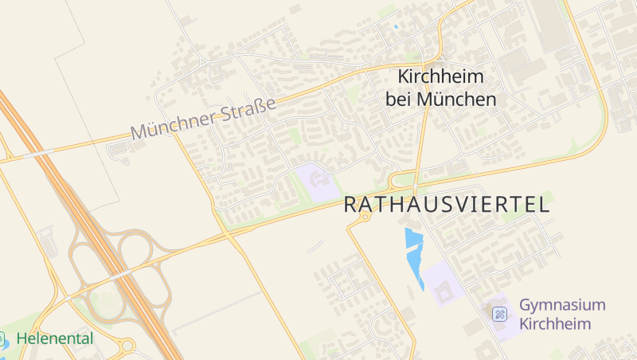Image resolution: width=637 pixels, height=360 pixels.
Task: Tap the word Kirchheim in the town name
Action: click(x=441, y=78)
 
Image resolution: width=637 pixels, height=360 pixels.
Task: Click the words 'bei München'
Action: click(x=441, y=100)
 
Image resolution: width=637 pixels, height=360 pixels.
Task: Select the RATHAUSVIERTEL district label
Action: click(x=447, y=205)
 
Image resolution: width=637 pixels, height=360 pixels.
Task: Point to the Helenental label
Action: click(x=54, y=338)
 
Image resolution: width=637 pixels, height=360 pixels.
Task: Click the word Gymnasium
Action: click(x=562, y=305)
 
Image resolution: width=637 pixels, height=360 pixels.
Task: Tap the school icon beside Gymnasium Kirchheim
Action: click(x=499, y=314)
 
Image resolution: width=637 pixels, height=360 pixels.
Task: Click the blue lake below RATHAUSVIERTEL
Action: click(x=414, y=253)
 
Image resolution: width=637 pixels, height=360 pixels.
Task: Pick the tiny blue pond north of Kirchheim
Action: click(x=396, y=27)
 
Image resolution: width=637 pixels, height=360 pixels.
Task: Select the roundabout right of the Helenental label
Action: click(x=127, y=346)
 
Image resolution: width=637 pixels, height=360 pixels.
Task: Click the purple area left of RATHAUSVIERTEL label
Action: click(x=317, y=181)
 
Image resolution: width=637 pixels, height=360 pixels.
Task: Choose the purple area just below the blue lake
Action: click(x=441, y=284)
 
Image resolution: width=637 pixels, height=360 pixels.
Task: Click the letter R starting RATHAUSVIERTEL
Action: click(x=351, y=205)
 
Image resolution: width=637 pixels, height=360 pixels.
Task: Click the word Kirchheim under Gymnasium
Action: click(x=555, y=323)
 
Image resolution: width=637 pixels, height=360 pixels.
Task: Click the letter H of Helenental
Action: click(x=21, y=338)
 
